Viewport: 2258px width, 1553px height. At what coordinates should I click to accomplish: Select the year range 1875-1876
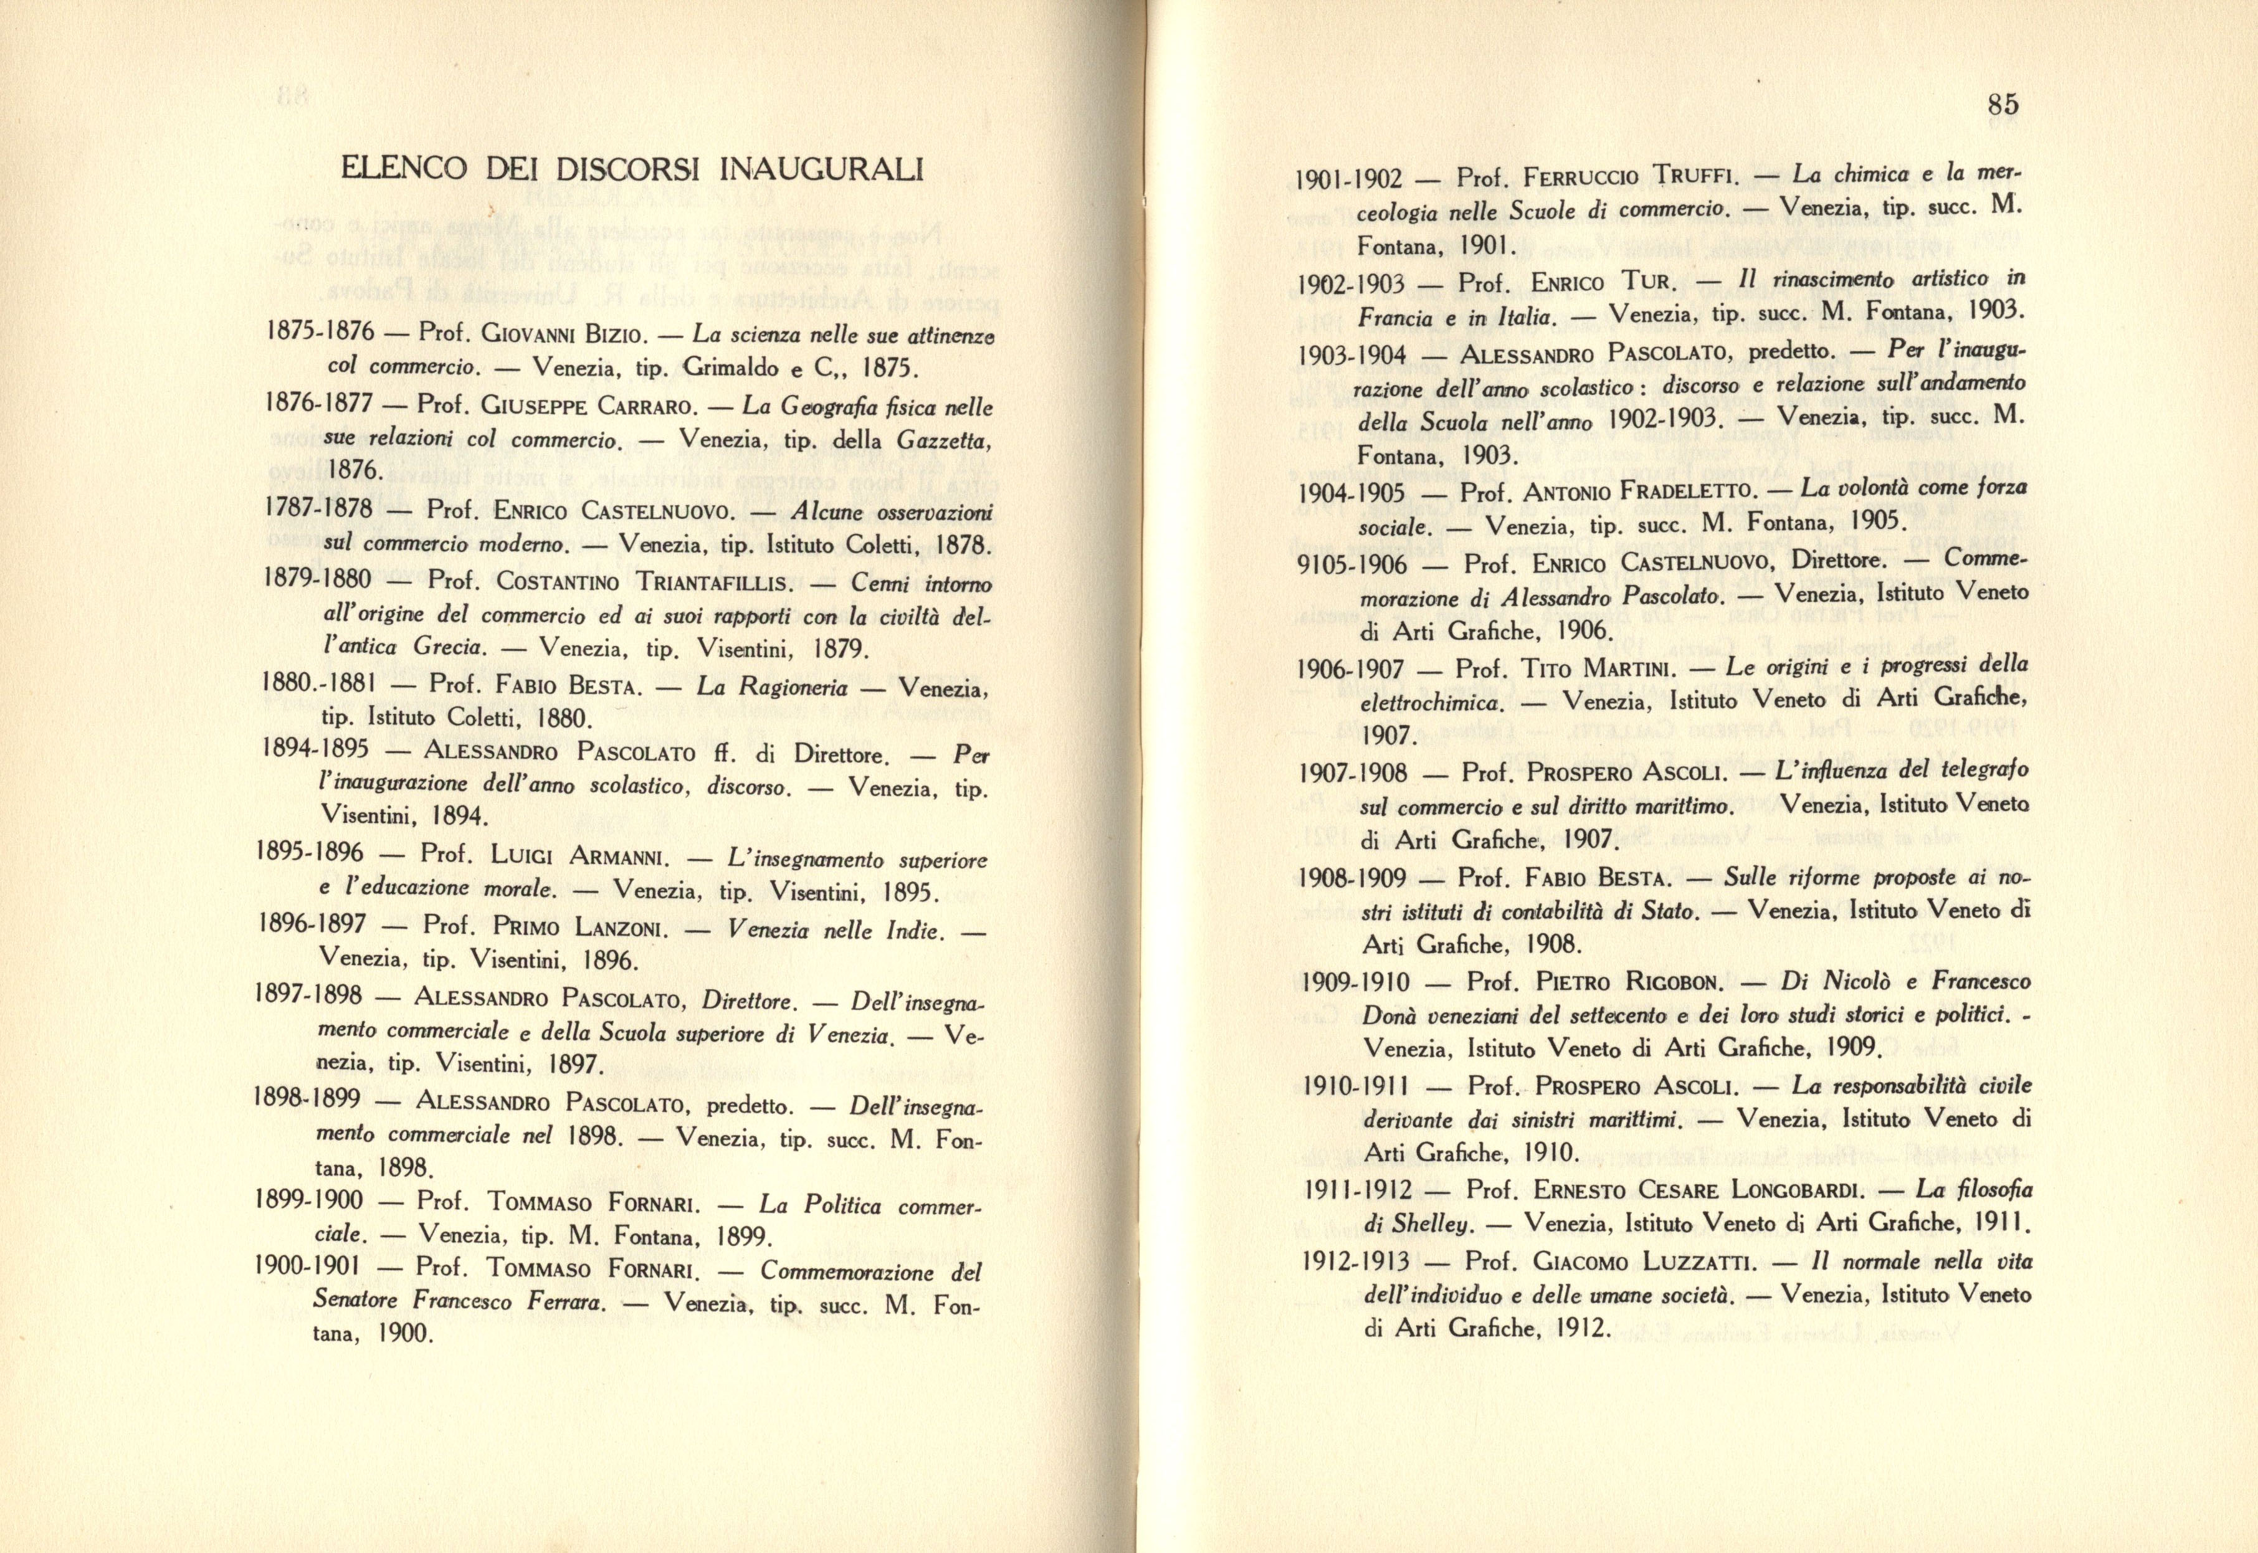(x=319, y=331)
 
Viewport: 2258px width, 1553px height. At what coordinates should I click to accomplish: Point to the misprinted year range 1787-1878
(x=317, y=508)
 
